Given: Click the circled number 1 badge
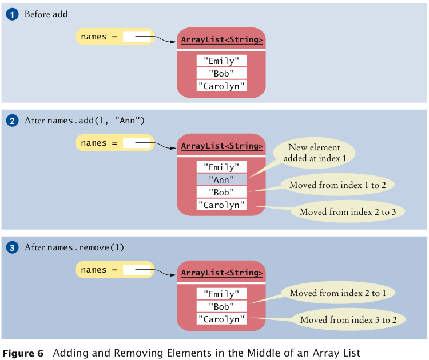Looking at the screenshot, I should coord(13,14).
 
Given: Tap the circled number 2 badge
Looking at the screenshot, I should coord(13,121).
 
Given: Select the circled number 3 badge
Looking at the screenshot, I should coord(13,247).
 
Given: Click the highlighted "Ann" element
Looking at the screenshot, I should coord(221,179).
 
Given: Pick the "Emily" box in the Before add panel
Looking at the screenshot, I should coord(221,61).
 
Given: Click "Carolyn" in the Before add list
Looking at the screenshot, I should coord(221,86).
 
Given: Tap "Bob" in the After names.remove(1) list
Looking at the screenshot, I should coord(221,307).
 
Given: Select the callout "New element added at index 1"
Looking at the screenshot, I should coord(314,153).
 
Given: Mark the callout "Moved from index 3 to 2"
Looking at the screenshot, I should coord(348,319).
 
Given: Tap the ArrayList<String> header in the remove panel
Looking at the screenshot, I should coord(221,273).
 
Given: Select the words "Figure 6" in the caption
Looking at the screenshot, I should coord(23,353).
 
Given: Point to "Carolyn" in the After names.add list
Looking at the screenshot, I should coord(221,205).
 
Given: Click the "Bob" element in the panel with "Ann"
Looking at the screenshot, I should coord(221,192).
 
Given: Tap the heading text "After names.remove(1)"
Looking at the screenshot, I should coord(74,248).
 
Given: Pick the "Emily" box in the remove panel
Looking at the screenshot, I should coord(221,294).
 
